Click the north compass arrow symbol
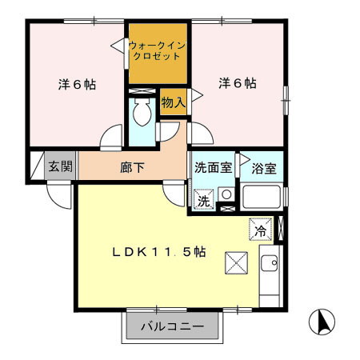(323, 323)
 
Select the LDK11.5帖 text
(158, 251)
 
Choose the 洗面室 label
(214, 169)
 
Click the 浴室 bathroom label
(263, 170)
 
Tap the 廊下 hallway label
(133, 169)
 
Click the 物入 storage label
(173, 102)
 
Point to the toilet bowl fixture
(143, 115)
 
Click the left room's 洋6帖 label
(78, 83)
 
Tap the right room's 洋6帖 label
(238, 82)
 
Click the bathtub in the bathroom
(262, 197)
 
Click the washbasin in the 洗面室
(226, 194)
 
